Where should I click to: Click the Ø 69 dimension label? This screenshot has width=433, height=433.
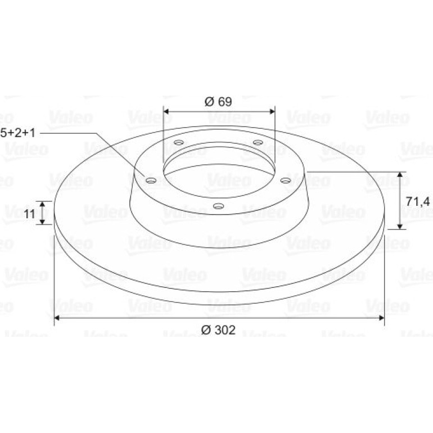tap(218, 102)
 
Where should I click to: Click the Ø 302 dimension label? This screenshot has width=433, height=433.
tap(218, 330)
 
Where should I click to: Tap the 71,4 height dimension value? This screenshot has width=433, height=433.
tap(418, 201)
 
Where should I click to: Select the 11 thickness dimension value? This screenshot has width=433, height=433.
tap(30, 214)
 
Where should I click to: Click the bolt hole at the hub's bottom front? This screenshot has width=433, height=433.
tap(218, 206)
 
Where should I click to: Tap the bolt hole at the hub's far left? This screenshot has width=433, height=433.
tap(151, 181)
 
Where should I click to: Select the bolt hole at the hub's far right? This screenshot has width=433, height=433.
tap(286, 181)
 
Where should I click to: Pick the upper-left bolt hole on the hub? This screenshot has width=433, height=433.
tap(179, 142)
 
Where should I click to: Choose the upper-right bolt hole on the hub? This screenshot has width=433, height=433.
tap(258, 142)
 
